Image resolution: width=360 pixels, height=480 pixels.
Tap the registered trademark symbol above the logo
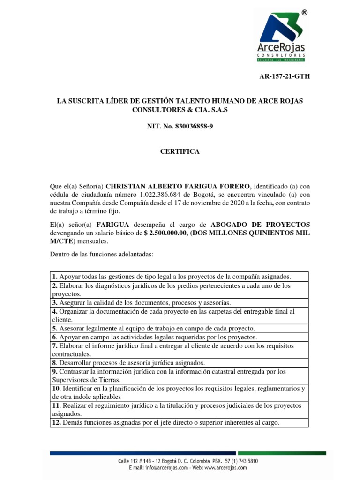point(304,13)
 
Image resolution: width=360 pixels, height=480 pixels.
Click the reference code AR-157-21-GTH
point(285,77)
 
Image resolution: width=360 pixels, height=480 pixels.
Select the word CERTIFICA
point(180,151)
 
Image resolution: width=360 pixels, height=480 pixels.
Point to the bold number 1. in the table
point(55,277)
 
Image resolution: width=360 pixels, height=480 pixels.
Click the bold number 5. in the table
point(55,329)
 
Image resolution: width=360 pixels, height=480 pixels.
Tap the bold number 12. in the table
point(57,423)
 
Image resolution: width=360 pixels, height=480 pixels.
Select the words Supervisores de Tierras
point(86,380)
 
